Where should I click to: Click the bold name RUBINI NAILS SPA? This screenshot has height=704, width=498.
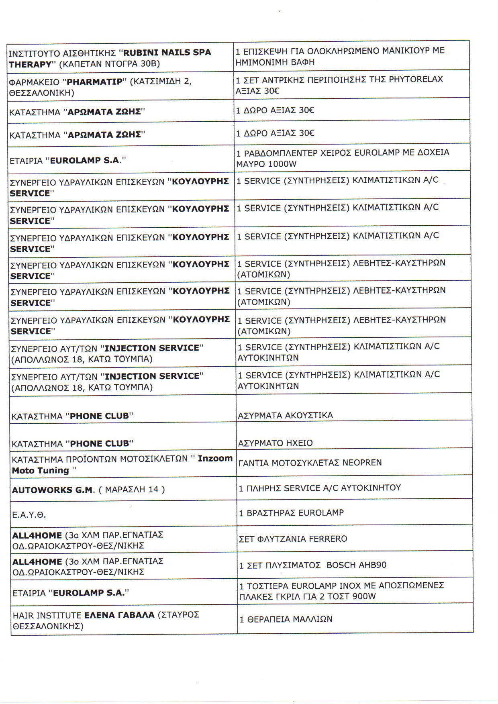click(x=167, y=53)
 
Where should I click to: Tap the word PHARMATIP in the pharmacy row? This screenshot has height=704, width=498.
click(x=94, y=82)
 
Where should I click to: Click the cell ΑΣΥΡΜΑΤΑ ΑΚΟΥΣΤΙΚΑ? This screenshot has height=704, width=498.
click(x=285, y=415)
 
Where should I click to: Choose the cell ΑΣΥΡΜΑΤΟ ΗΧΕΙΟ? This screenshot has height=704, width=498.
click(x=275, y=443)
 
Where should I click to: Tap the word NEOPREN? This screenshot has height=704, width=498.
click(x=362, y=463)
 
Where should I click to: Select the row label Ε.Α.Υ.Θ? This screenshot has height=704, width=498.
click(x=24, y=514)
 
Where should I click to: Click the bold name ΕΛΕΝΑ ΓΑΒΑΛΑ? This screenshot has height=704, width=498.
click(x=119, y=615)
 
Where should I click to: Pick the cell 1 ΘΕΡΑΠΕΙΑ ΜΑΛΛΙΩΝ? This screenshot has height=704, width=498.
click(x=286, y=619)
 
